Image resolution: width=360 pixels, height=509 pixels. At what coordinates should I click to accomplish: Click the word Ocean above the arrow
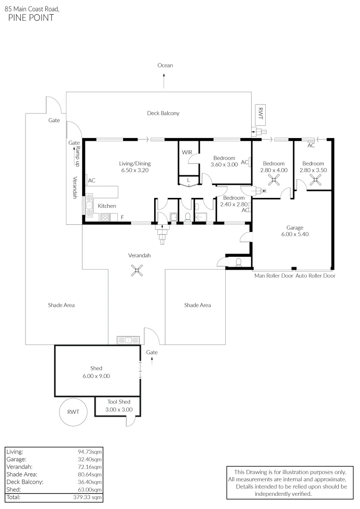point(165,66)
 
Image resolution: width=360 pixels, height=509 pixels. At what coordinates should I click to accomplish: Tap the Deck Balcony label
point(163,113)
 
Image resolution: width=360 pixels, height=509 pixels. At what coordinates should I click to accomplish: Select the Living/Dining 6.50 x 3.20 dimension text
point(135,170)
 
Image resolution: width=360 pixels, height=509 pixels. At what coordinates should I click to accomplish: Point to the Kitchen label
point(107,206)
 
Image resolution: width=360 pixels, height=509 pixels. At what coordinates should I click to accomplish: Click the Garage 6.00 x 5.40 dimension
point(295,234)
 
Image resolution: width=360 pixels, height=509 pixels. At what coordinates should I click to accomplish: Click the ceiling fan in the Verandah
point(137,270)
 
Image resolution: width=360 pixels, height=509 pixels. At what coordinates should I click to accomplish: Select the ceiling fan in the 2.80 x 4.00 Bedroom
point(273,179)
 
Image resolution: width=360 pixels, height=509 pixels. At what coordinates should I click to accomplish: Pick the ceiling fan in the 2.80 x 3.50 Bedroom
point(315,179)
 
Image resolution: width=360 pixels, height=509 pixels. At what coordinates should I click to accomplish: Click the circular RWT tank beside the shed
point(73,412)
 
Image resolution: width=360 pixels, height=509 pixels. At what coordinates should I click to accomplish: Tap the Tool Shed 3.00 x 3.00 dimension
point(119,410)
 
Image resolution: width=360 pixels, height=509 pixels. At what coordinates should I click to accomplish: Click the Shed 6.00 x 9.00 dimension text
point(96,376)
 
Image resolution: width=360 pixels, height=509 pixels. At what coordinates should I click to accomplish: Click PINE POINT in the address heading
point(31,18)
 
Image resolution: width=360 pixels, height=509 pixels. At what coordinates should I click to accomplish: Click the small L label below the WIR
point(188,180)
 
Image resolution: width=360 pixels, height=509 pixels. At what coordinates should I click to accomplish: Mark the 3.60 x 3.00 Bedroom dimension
point(224,164)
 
